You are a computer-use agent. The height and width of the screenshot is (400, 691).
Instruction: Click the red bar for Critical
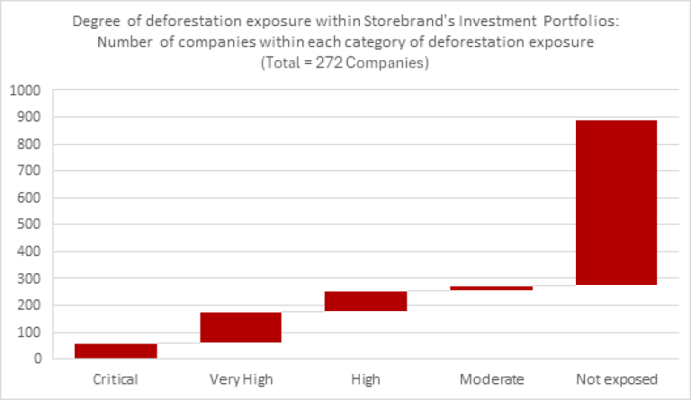[115, 351]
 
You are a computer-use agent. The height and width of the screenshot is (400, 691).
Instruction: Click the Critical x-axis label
[115, 378]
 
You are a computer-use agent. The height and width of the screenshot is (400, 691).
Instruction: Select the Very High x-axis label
[240, 378]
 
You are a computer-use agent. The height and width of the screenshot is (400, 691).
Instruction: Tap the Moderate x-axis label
[491, 378]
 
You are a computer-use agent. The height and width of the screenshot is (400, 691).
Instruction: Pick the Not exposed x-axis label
[616, 378]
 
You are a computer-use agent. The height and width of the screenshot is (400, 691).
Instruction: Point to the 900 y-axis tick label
[27, 118]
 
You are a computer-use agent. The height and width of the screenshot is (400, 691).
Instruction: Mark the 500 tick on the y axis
[27, 225]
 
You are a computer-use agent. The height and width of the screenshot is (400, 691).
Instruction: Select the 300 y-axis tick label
[27, 279]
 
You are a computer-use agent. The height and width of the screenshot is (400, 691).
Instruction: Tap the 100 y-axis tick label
[27, 333]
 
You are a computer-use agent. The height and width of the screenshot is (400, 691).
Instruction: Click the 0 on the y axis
[36, 359]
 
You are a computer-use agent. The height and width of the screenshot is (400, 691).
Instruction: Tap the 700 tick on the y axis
[27, 171]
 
